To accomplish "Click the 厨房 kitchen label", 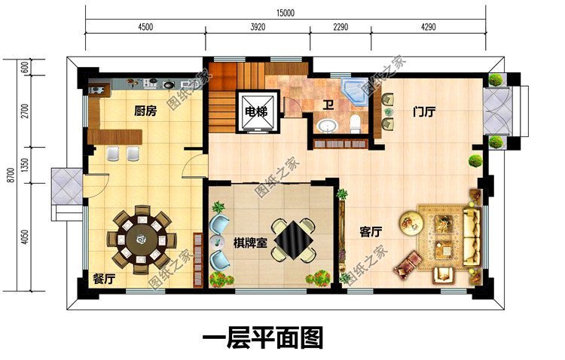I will click(145, 111).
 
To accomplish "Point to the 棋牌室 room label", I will click(249, 243).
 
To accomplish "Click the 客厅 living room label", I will click(370, 232).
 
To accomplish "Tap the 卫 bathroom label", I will click(328, 105).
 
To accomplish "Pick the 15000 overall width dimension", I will click(285, 11).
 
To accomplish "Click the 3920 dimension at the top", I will click(258, 26).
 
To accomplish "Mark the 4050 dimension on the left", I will click(25, 239).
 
